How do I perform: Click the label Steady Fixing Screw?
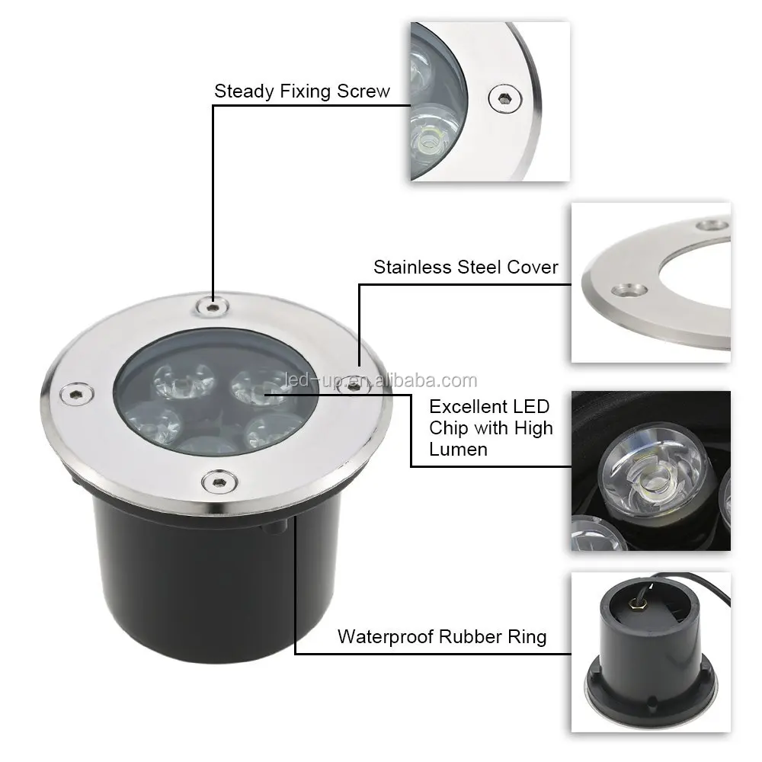coord(302,91)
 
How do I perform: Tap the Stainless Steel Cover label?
coord(466,267)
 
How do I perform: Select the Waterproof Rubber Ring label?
coord(442,636)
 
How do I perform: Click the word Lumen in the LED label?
coord(458,449)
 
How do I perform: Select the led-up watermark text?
coord(379,381)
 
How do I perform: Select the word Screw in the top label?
coord(362,91)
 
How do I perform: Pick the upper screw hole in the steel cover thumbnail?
coord(712,225)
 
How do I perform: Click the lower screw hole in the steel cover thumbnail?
coord(629,289)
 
